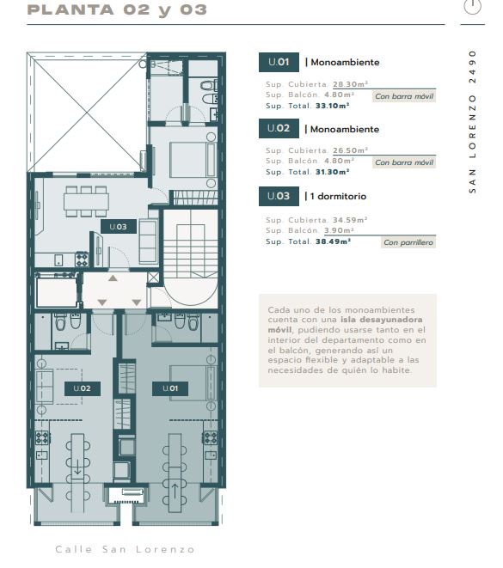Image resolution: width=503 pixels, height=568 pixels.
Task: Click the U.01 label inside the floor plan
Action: [170, 388]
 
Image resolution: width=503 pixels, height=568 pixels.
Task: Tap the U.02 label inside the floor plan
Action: [83, 388]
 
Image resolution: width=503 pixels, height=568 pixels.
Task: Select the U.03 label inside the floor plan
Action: [118, 227]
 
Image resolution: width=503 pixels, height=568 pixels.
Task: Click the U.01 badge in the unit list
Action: [279, 63]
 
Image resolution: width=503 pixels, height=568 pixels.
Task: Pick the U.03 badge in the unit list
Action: [279, 196]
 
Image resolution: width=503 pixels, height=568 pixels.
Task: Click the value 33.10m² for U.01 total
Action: [332, 106]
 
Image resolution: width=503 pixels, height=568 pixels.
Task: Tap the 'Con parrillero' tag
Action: [408, 242]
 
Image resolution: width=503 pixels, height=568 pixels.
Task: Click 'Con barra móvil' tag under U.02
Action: [404, 162]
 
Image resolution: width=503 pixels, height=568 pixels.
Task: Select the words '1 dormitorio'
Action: [338, 196]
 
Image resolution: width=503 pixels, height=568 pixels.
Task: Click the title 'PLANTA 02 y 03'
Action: [117, 10]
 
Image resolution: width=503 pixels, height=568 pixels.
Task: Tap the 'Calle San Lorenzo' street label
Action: [125, 550]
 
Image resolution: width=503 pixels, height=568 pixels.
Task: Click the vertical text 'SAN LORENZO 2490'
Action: [473, 122]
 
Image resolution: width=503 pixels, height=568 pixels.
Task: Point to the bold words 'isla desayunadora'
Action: [381, 320]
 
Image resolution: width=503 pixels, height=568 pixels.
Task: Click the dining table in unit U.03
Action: [86, 202]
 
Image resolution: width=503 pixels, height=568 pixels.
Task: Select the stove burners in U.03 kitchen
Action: [82, 260]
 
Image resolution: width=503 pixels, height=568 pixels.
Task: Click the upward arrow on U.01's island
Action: [175, 491]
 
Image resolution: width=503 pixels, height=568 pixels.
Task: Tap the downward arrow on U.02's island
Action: [77, 467]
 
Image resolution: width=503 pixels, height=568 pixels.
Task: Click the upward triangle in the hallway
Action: [113, 278]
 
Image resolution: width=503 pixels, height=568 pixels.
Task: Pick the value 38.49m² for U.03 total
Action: [333, 241]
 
